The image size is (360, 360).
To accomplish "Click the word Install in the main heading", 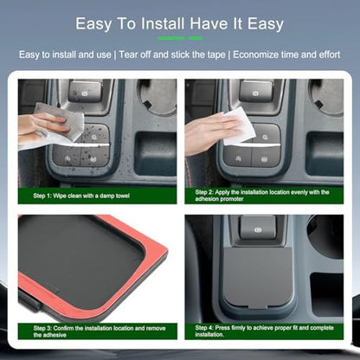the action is (163, 23).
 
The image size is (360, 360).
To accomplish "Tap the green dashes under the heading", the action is (180, 38).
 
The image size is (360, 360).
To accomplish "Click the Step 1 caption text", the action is (81, 196).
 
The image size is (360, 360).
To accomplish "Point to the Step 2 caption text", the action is (262, 196).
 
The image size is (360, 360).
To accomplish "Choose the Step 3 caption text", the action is (100, 331).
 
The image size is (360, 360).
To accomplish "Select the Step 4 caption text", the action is (264, 331).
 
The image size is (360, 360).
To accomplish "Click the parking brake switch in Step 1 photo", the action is (85, 91).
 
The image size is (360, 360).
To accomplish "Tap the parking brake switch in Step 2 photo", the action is (256, 92).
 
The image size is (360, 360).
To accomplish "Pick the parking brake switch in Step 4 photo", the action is (258, 228).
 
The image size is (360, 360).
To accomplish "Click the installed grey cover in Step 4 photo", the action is (259, 277).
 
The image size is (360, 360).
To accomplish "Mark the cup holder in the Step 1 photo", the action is (157, 97).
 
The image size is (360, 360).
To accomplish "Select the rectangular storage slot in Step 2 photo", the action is (325, 154).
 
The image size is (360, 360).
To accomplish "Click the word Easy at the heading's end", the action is (266, 23).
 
